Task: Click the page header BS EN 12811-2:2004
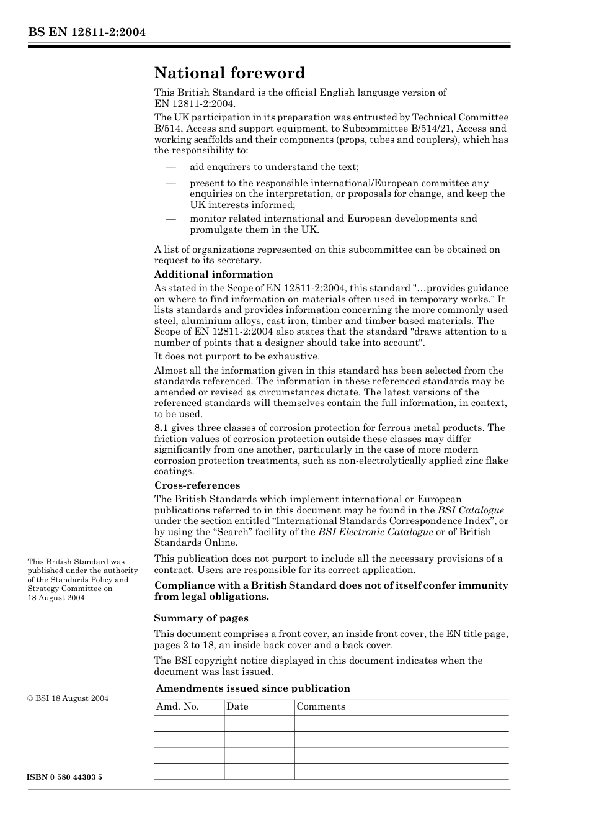(x=87, y=32)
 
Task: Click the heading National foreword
(x=229, y=73)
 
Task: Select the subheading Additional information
(x=213, y=274)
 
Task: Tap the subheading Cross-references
(x=197, y=485)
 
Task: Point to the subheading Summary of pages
(x=201, y=618)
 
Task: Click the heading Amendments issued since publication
(x=253, y=688)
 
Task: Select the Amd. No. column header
(x=177, y=707)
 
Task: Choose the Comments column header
(x=321, y=707)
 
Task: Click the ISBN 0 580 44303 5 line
(x=65, y=778)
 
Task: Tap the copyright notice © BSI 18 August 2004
(x=68, y=698)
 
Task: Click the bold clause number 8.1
(x=161, y=428)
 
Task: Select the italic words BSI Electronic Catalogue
(x=375, y=532)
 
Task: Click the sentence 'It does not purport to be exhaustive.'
(x=237, y=356)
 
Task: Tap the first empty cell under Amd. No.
(x=189, y=724)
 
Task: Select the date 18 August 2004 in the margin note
(x=56, y=598)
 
